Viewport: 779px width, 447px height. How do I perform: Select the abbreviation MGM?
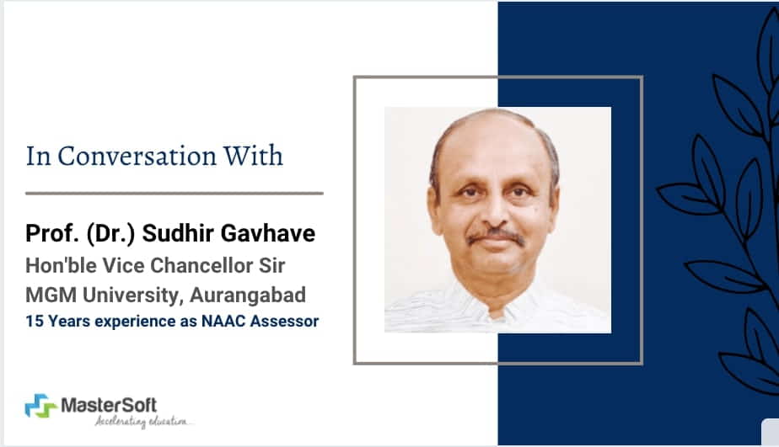49,295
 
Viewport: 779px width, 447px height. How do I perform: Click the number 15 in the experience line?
34,321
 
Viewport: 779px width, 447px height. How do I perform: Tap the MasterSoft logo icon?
40,407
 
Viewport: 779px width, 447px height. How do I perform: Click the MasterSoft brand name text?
110,405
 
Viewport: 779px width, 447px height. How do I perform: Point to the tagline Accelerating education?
143,420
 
